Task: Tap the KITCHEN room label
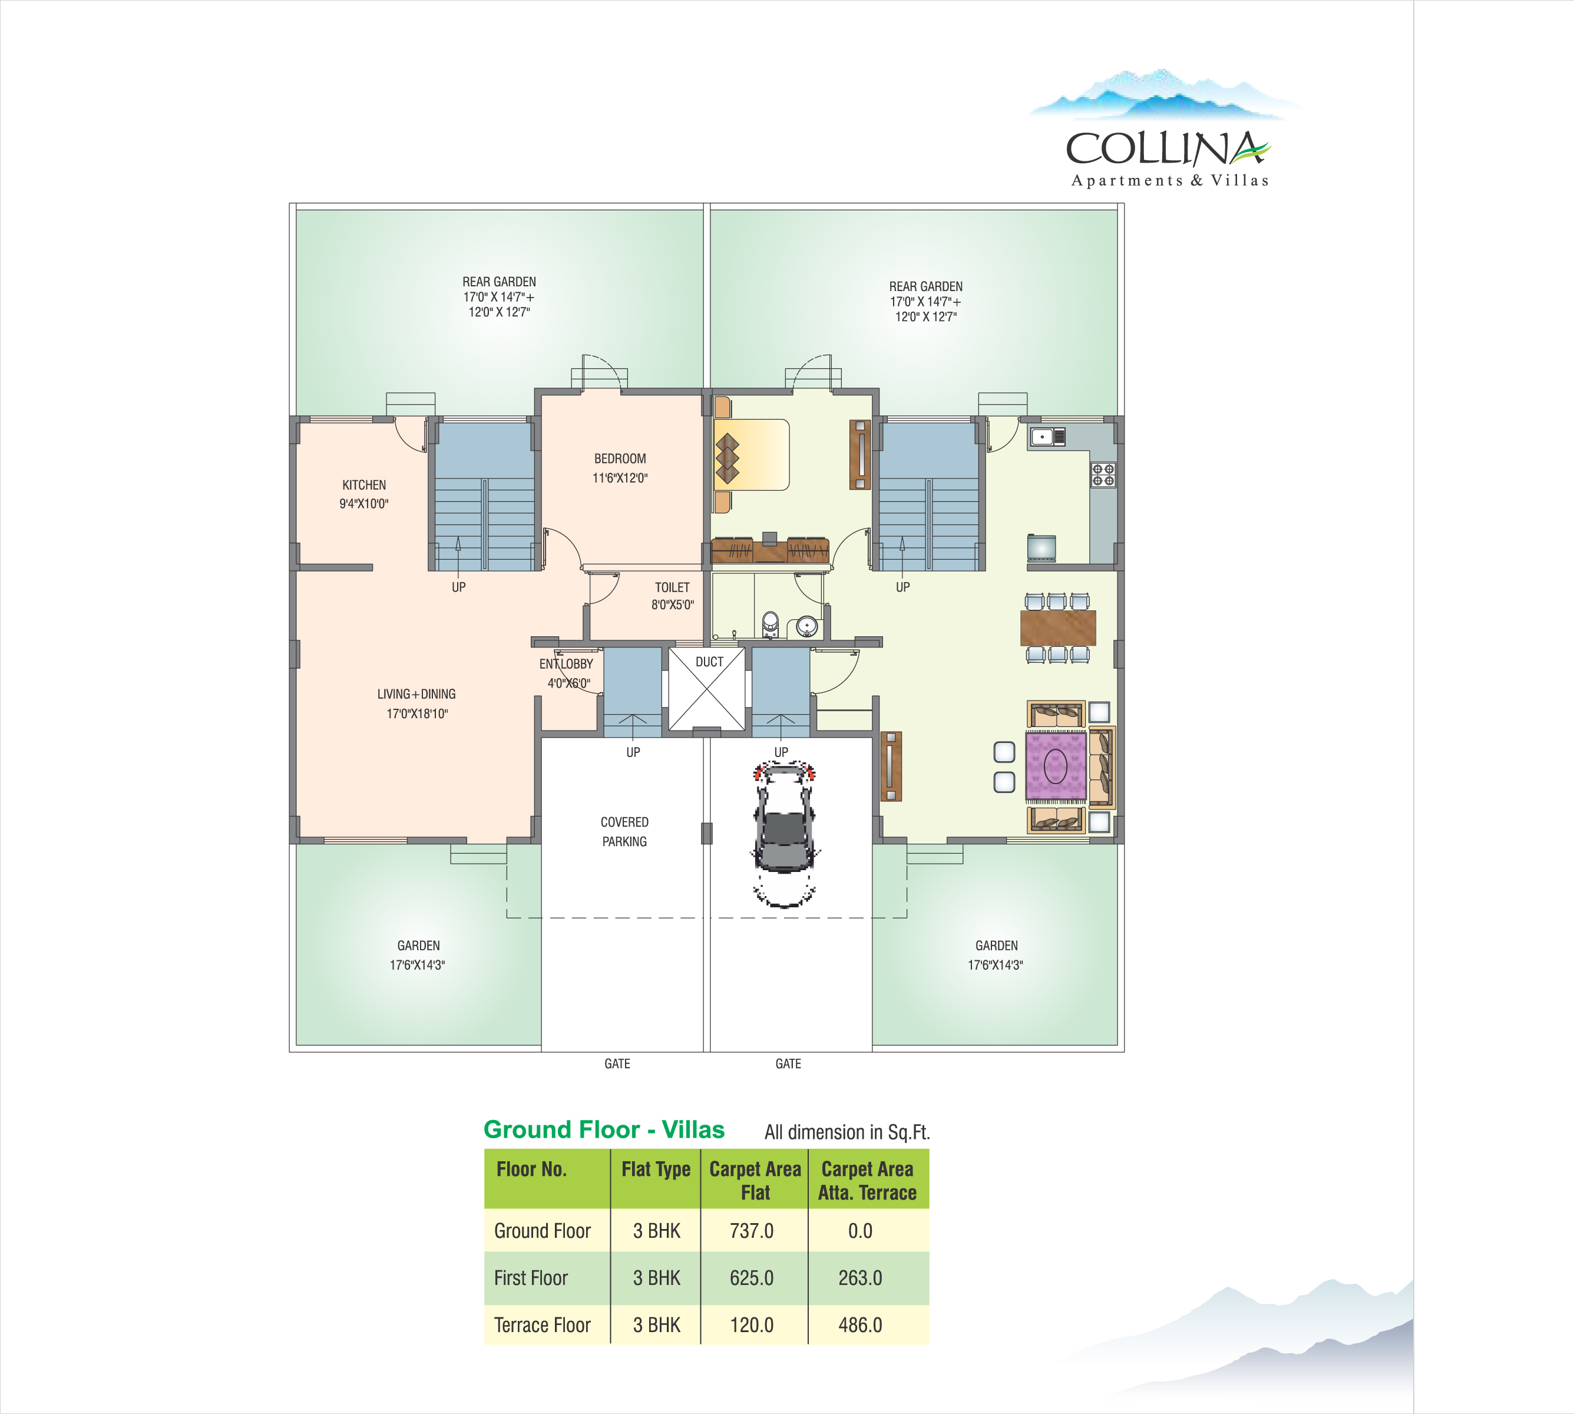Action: click(363, 485)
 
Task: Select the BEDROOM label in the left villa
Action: click(620, 458)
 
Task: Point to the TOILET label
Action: click(672, 587)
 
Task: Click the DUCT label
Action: click(709, 662)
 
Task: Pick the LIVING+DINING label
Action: click(416, 694)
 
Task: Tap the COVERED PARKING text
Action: click(624, 831)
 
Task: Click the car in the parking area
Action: click(785, 834)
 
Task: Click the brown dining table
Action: click(1058, 627)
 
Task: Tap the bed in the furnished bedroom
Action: click(751, 454)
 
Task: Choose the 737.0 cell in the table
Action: click(751, 1231)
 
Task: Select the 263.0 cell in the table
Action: click(860, 1277)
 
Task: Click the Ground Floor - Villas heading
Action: click(604, 1129)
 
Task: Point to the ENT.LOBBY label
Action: click(566, 663)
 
